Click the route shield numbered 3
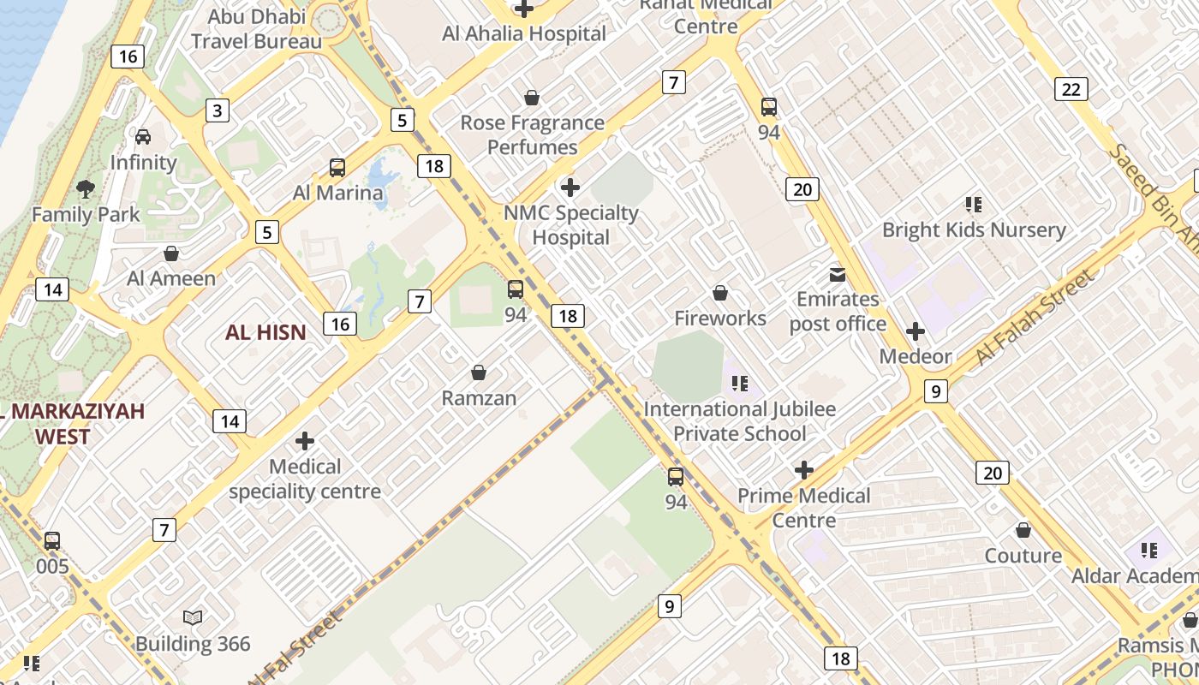point(218,110)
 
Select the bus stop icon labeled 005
point(52,541)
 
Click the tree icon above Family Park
point(85,188)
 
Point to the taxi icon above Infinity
point(143,137)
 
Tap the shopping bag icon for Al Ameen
point(171,253)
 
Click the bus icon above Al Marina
point(337,168)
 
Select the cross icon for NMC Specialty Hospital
point(570,187)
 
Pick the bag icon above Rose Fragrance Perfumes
point(532,98)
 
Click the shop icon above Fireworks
point(720,293)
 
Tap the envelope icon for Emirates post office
point(837,275)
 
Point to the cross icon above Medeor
point(916,331)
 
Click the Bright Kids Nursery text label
point(974,230)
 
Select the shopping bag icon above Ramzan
point(479,372)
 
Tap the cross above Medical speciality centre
point(305,441)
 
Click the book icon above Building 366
point(193,617)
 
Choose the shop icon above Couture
point(1023,531)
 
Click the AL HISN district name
point(265,333)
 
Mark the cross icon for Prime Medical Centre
point(803,470)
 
